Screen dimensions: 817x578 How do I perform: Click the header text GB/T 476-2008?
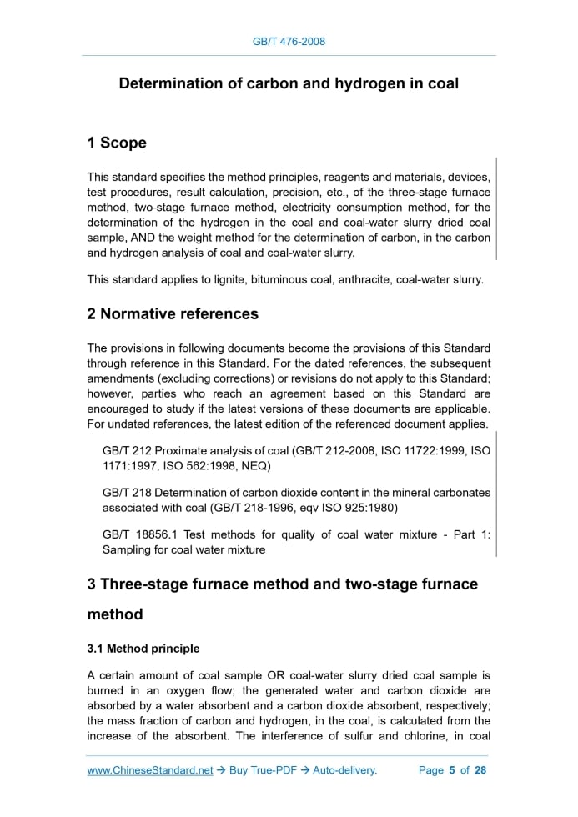pos(289,41)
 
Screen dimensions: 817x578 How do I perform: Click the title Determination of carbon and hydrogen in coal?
pos(289,83)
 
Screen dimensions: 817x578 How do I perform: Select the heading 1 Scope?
pos(117,143)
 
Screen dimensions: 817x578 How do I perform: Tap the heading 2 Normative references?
pos(173,313)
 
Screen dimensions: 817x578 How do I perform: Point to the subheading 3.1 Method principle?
pos(143,648)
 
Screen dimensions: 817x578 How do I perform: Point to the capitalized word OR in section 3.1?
pos(277,674)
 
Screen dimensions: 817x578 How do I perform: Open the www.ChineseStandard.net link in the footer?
pos(150,770)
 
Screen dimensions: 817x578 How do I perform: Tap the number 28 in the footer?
pos(480,770)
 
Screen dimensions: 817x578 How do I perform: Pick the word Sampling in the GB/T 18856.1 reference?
pos(126,549)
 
